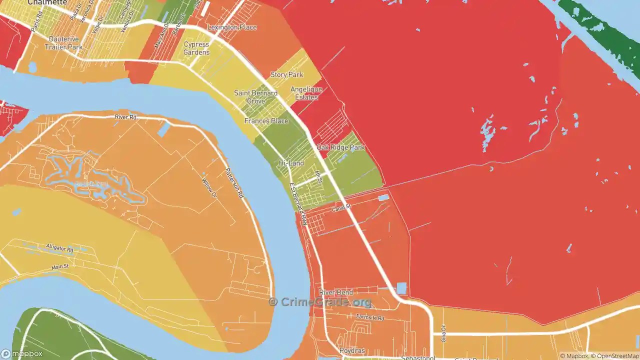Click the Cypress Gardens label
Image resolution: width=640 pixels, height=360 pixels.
[x=196, y=48]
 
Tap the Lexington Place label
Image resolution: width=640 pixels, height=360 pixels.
[x=232, y=27]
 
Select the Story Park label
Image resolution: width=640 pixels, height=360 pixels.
[x=286, y=75]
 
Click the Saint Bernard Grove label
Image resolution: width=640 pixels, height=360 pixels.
[x=255, y=97]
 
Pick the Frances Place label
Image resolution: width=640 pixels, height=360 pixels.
[x=266, y=121]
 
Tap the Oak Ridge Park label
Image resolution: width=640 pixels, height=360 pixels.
[x=340, y=148]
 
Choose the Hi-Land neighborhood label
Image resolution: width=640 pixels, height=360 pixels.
[x=291, y=163]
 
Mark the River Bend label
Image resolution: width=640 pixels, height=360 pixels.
[x=336, y=292]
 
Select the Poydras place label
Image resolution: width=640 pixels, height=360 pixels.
[x=350, y=350]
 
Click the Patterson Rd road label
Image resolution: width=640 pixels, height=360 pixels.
[x=234, y=182]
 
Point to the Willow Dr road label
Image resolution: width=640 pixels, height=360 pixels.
[x=208, y=186]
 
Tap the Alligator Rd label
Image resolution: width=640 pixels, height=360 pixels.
[x=59, y=248]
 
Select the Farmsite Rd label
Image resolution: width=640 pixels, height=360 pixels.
[x=370, y=317]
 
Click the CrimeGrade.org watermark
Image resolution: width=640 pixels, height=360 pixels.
[x=320, y=302]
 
